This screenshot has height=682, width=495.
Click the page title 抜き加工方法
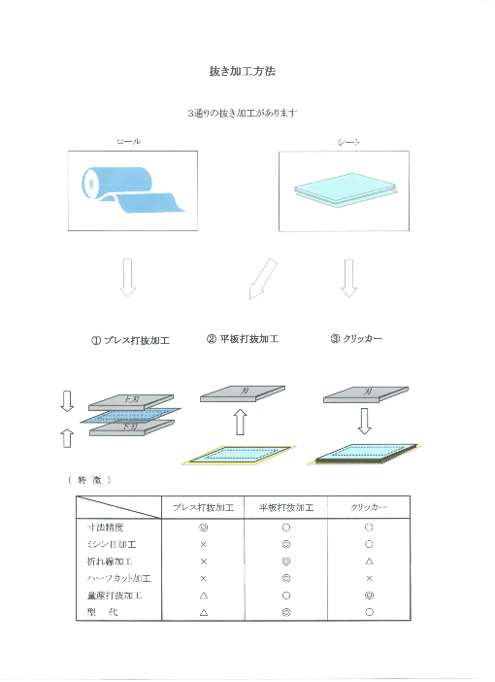(247, 72)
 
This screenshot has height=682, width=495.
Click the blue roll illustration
(130, 190)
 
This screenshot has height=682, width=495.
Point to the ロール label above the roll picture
(128, 142)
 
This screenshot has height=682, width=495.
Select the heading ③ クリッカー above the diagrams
(356, 339)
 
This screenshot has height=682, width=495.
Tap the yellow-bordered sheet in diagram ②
(239, 455)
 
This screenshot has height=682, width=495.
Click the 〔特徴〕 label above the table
(90, 479)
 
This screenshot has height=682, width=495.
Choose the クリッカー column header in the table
(370, 508)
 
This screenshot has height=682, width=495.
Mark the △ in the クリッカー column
(370, 562)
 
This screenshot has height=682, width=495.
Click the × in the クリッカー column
(370, 579)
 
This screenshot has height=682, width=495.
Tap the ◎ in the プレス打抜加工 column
(204, 528)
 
